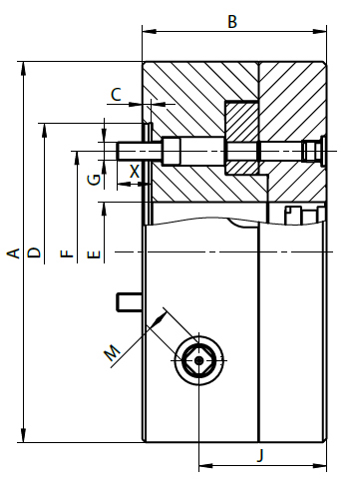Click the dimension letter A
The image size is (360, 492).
click(x=13, y=253)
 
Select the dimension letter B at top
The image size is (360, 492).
click(x=232, y=21)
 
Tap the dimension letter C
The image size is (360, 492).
click(x=116, y=95)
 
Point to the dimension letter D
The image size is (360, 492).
click(x=34, y=253)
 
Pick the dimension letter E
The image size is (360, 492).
click(x=95, y=255)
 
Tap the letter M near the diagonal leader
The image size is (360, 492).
click(x=113, y=351)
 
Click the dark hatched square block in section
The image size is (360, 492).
click(x=242, y=138)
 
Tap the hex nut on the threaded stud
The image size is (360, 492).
click(x=170, y=152)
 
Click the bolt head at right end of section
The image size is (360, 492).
click(x=313, y=151)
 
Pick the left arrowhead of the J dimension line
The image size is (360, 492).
click(x=203, y=465)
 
